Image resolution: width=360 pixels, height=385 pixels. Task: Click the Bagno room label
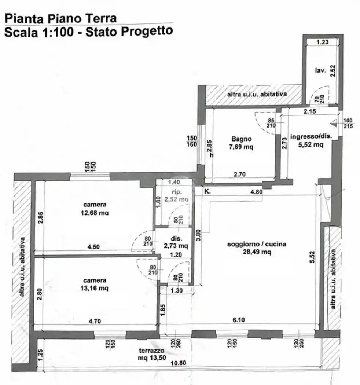[241, 139]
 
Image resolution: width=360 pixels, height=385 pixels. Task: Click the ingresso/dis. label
[311, 136]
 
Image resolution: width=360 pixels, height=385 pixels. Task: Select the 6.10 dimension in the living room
[238, 320]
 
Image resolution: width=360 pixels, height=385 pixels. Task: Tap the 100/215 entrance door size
[348, 124]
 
